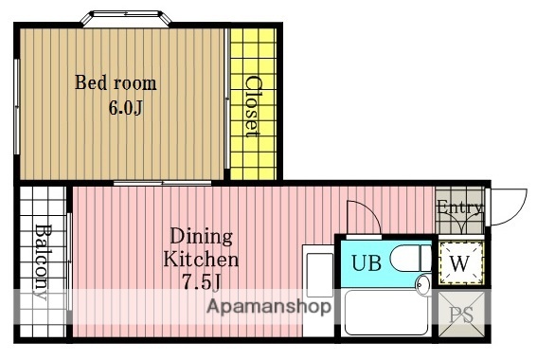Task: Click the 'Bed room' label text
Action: pos(116,82)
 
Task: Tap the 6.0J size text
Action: pos(125,108)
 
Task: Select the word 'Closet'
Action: pos(254,106)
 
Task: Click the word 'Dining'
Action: pos(202,236)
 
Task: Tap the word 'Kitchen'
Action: pos(201,259)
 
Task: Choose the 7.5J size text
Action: pos(202,282)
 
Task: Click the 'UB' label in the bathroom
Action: pos(367,263)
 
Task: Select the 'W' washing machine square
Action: pos(461,263)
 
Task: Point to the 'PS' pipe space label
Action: pos(461,315)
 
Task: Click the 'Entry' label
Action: pos(459,207)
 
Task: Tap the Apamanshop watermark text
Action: pos(269,306)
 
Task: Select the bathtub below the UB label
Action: pos(386,312)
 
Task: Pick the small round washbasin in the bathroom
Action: pos(423,285)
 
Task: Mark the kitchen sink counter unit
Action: pos(318,290)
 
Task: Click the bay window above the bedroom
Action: pos(126,18)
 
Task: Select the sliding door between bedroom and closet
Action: pos(226,99)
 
